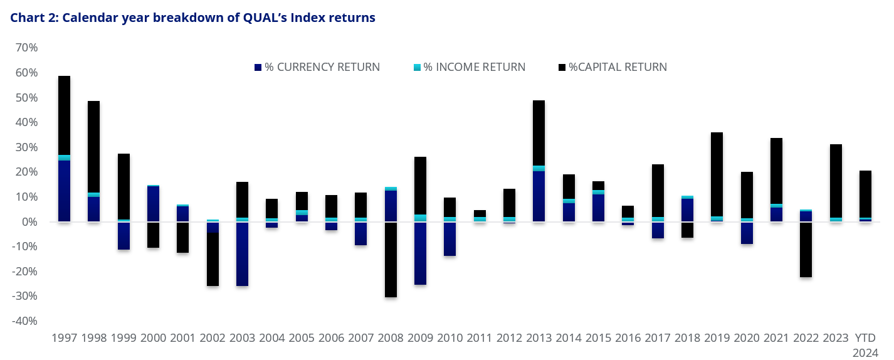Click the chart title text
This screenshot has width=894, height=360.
pos(192,18)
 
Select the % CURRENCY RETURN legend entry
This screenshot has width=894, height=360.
pos(317,67)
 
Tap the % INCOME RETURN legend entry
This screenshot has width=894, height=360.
pos(469,67)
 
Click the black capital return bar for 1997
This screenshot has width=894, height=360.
pos(64,115)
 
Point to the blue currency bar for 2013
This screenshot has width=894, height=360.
pos(539,196)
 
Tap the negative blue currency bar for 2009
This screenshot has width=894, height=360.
pos(419,253)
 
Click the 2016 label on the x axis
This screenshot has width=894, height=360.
pos(628,338)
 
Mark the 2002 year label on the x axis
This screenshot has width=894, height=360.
pos(213,338)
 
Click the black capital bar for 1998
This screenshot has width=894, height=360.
pos(93,147)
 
